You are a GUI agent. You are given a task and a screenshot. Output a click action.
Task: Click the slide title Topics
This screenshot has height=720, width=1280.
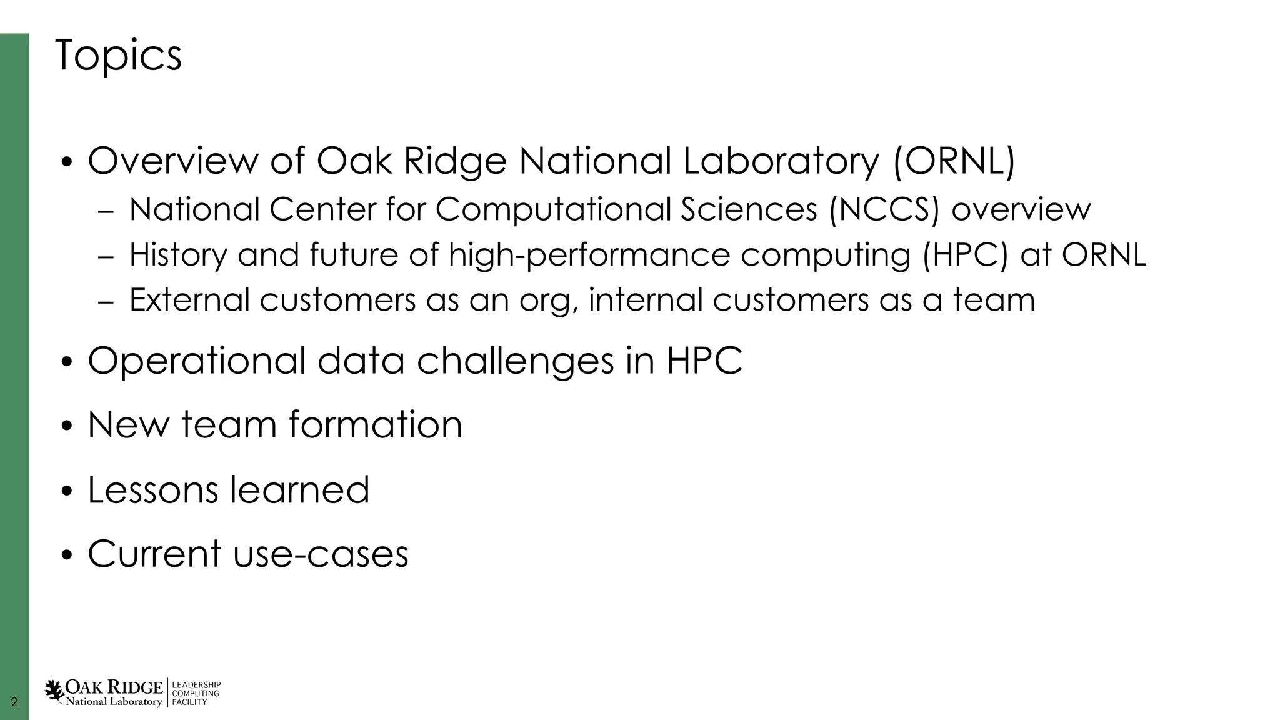click(118, 56)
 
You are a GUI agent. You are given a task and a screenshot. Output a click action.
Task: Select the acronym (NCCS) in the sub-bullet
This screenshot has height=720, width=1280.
click(884, 209)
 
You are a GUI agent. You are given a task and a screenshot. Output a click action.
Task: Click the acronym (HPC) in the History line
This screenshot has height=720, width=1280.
click(966, 255)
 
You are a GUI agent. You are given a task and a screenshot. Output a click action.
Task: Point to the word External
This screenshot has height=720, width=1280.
click(189, 300)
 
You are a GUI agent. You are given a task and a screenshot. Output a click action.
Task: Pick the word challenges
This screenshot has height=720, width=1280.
click(516, 361)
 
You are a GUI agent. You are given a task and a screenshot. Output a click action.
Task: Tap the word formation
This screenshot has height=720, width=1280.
click(375, 425)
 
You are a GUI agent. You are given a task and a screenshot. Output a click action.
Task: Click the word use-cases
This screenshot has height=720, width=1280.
click(321, 554)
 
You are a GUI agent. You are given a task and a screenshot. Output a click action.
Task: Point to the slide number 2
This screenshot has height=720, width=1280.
click(14, 702)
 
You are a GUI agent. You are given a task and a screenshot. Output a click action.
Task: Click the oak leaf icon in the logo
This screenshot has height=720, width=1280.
click(54, 692)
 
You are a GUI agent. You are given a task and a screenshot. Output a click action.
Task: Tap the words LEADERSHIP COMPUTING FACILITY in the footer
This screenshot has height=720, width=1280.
click(196, 694)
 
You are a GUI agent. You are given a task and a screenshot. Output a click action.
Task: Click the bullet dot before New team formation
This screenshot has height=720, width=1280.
click(67, 428)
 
